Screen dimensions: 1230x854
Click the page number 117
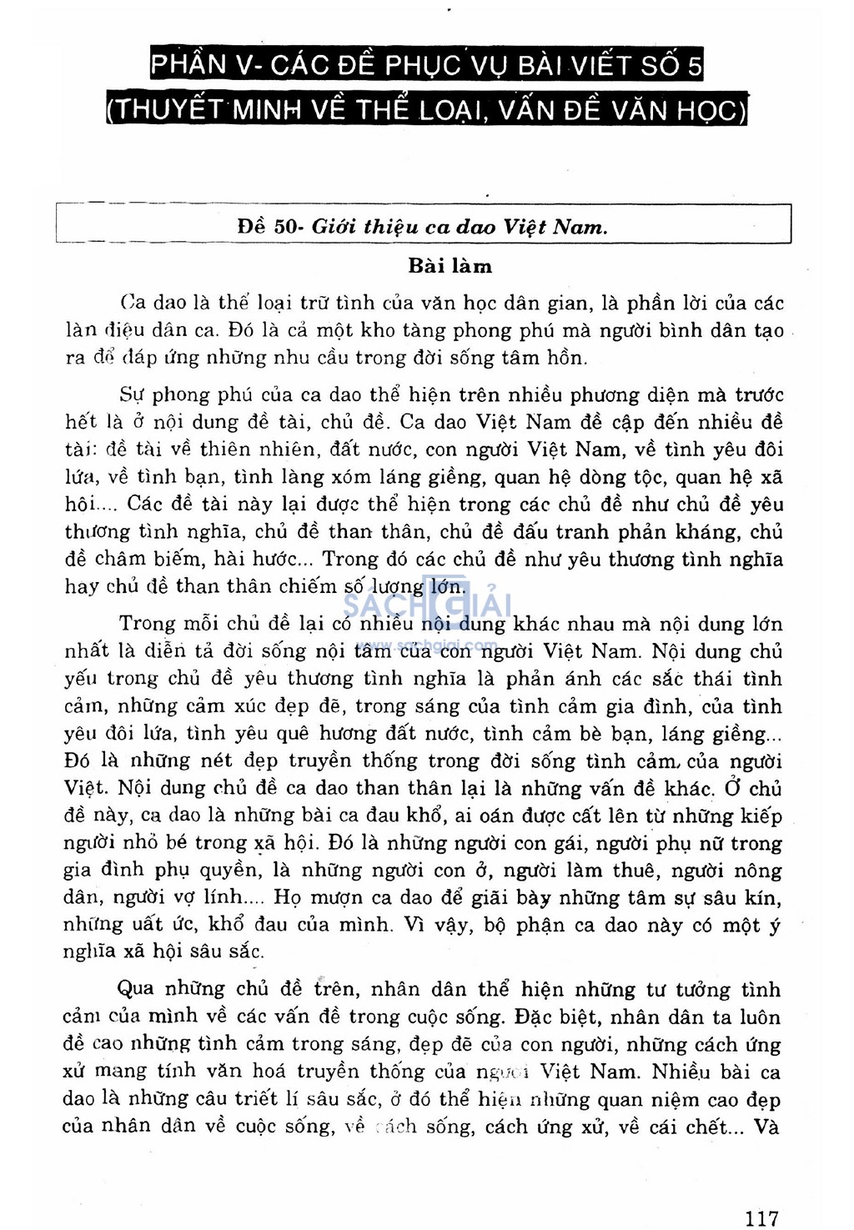tap(761, 1218)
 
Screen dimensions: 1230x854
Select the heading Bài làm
tap(450, 266)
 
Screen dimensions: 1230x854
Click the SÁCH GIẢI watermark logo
tap(427, 600)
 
